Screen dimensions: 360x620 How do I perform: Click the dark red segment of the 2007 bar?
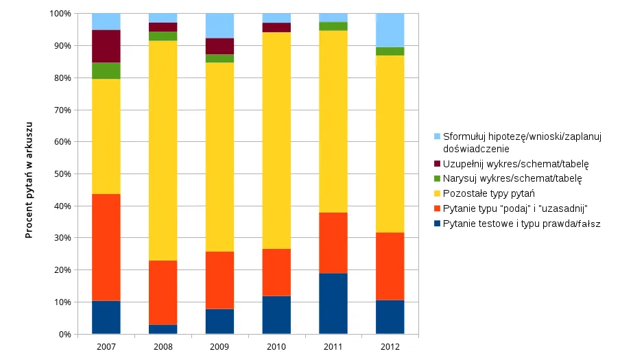click(x=106, y=47)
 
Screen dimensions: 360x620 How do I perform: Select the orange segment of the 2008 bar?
click(x=163, y=293)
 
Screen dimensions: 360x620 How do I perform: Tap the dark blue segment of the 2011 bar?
click(x=333, y=303)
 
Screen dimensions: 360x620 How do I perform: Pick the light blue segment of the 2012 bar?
click(x=390, y=30)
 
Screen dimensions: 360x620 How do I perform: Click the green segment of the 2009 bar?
click(x=219, y=58)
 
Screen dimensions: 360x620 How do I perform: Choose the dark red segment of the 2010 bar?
click(x=276, y=27)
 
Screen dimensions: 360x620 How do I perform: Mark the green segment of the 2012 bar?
click(x=390, y=51)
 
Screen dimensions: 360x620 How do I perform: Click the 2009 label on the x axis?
click(x=219, y=347)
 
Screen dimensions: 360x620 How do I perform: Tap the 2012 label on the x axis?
click(x=390, y=347)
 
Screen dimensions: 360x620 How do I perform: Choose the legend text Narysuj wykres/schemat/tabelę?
click(x=512, y=178)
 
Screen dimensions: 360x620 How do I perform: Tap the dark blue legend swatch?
click(x=437, y=224)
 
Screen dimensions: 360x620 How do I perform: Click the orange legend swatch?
click(x=437, y=208)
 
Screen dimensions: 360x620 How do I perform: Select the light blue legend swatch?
click(x=437, y=136)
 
